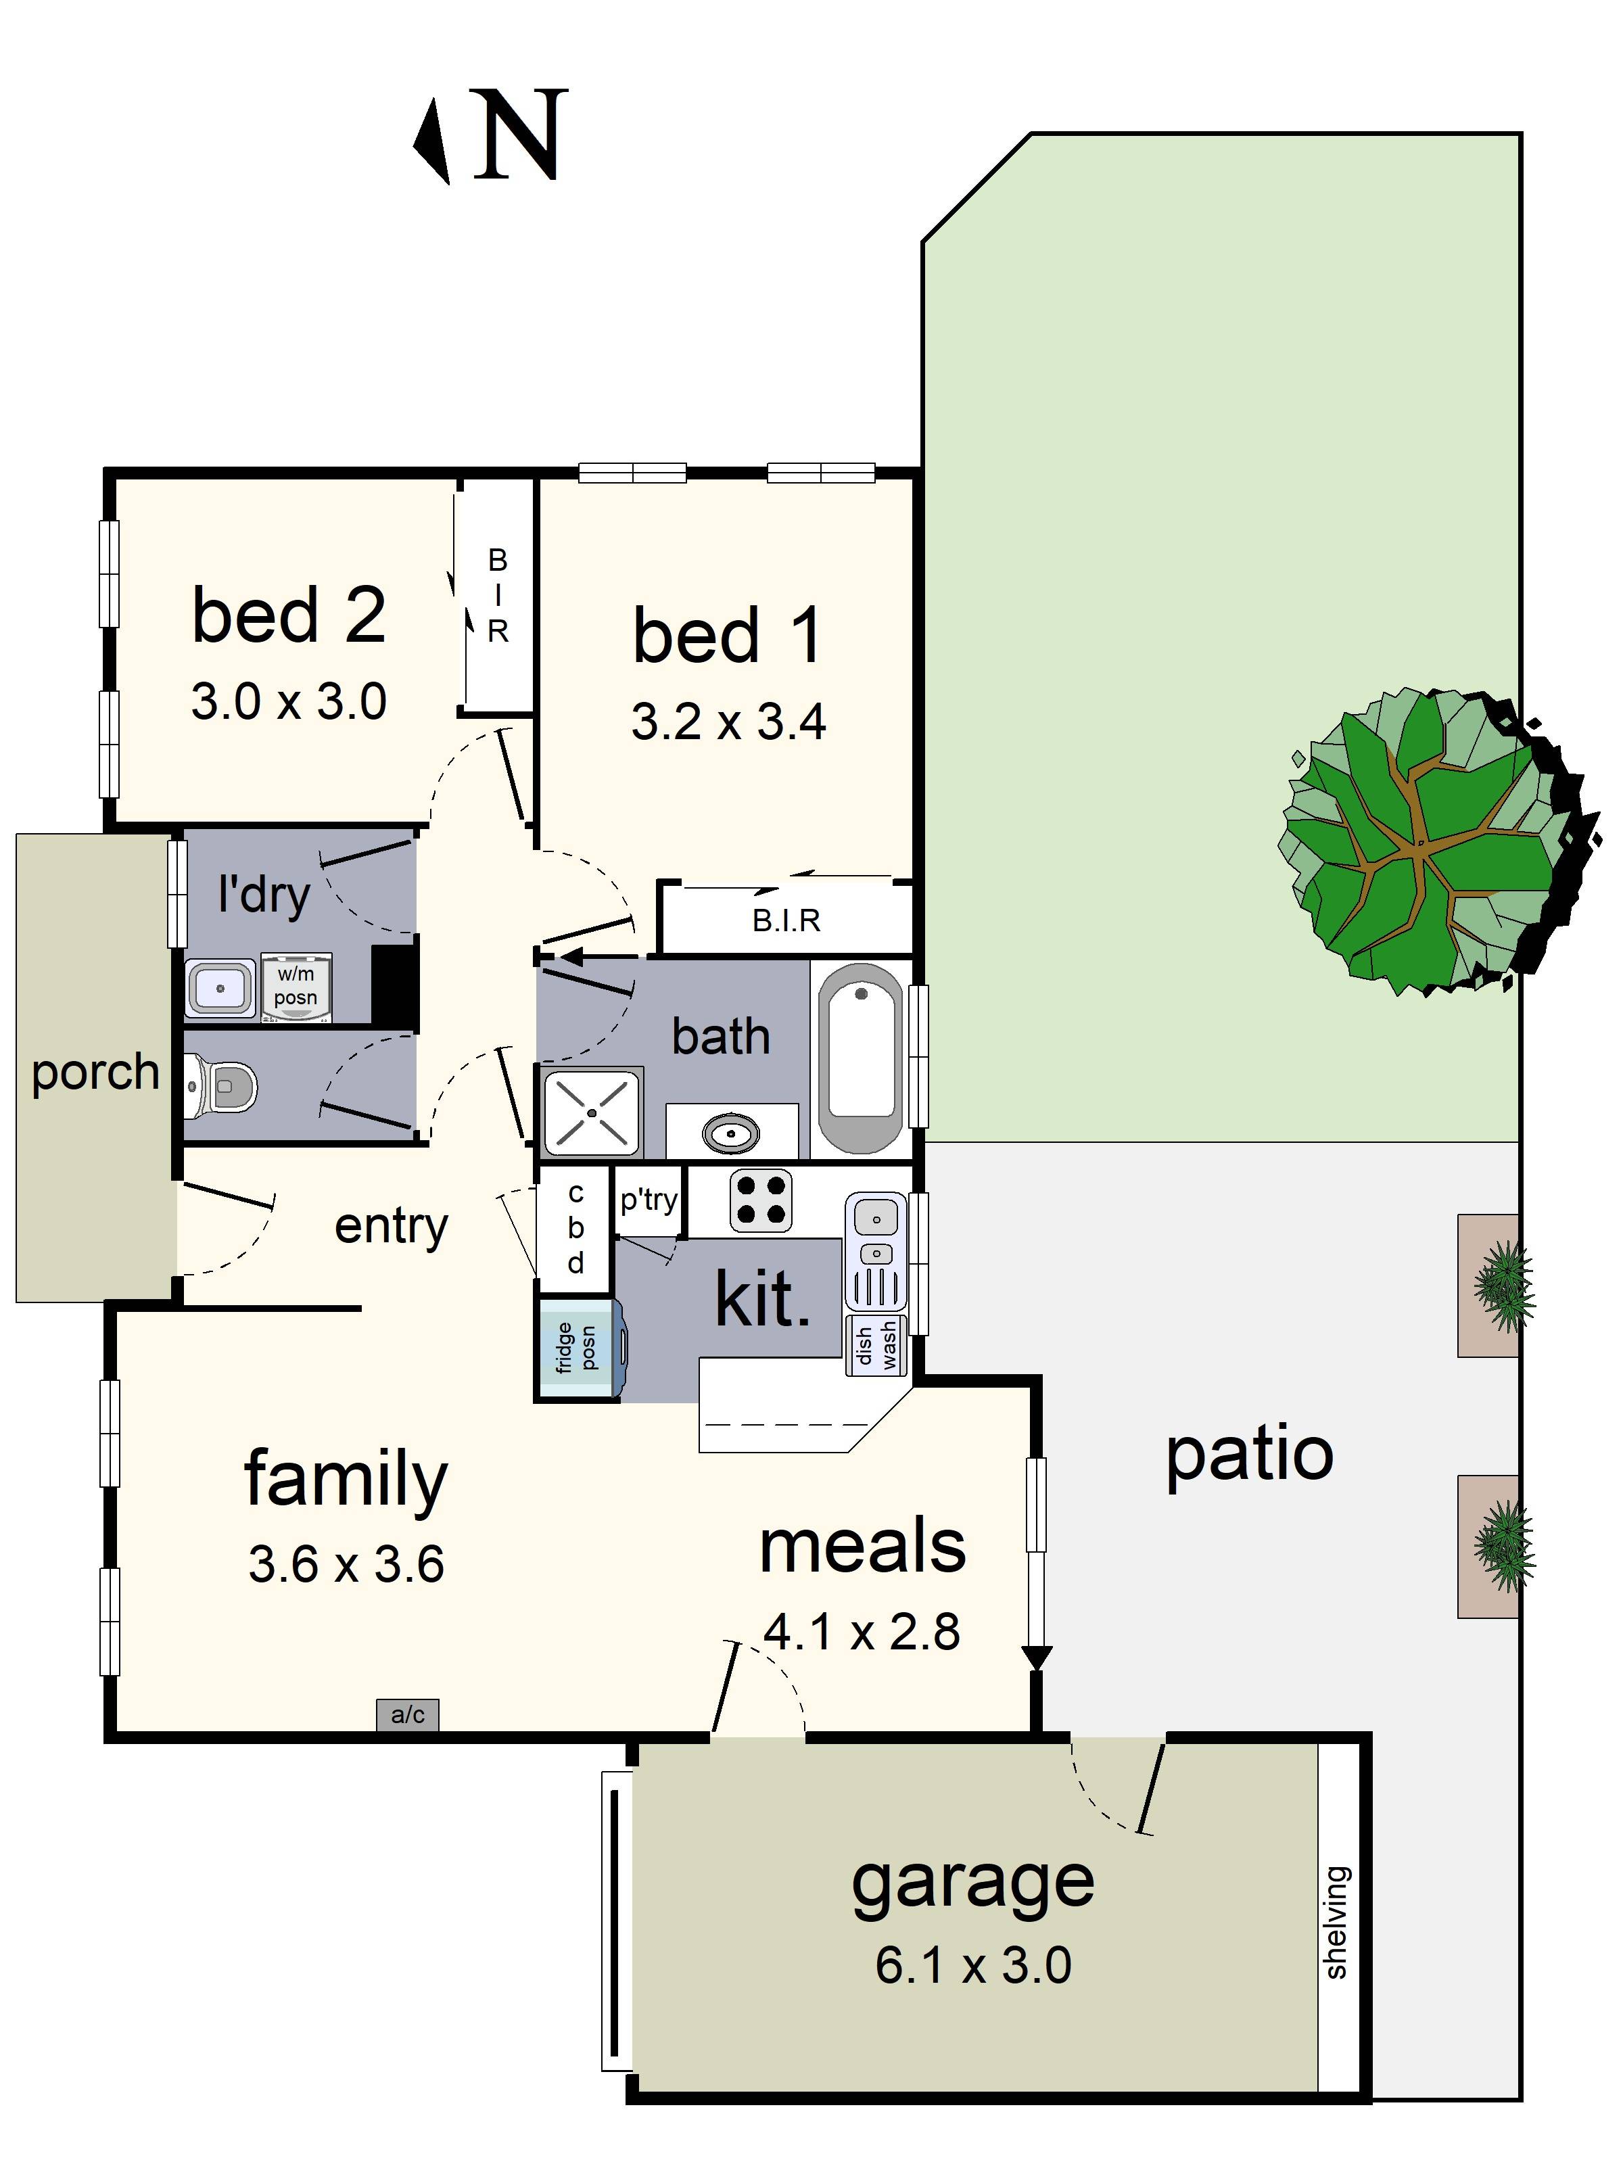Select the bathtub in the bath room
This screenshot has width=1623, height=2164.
point(860,1056)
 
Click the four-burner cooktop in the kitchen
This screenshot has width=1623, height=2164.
point(760,1200)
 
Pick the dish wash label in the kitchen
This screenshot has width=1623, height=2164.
point(876,1345)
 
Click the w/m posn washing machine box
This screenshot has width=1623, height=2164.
point(296,986)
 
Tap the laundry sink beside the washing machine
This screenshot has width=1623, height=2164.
point(220,987)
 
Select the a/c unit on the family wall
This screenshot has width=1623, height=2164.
point(407,1714)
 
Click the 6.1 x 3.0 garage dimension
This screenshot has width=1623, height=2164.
point(972,1965)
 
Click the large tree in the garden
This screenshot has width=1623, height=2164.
point(1428,841)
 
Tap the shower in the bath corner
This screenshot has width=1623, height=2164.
point(591,1112)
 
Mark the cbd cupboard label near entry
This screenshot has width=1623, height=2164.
point(575,1228)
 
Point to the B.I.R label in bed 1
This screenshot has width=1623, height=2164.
point(786,920)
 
